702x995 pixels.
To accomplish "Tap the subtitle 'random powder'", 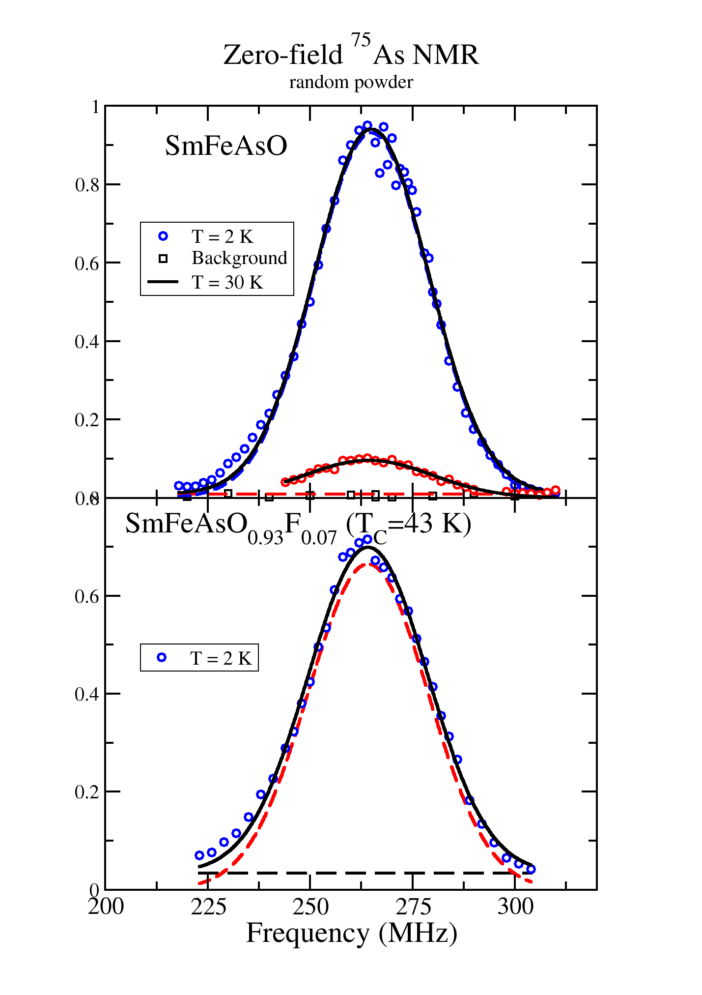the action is tap(351, 82).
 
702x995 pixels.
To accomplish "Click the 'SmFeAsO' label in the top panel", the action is tap(226, 146).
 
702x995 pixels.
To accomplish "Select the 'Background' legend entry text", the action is tap(239, 258).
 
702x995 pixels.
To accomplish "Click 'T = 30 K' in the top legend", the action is tap(227, 282).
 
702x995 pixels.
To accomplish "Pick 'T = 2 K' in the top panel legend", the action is tap(222, 237).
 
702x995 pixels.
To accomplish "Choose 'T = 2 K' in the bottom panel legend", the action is tap(221, 658).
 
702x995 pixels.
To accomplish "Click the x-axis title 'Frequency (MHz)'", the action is tap(351, 933).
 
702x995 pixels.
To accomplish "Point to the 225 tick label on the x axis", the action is tap(208, 907).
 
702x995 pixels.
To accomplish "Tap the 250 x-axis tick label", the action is tap(310, 907).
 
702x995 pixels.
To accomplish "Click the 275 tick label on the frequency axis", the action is tap(413, 907).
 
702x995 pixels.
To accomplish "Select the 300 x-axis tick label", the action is tap(515, 907).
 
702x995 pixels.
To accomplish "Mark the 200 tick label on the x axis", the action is tap(106, 907).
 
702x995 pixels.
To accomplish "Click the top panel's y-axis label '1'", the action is tap(95, 107).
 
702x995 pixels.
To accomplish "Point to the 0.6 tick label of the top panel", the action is tap(87, 263).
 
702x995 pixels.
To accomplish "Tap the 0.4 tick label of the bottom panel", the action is tap(87, 694).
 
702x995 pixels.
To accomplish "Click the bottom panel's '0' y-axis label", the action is tap(94, 890).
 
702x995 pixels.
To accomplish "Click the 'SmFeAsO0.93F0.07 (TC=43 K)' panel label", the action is tap(298, 527).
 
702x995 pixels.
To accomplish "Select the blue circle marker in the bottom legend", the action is tap(161, 658).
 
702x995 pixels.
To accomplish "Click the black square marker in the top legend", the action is tap(163, 259).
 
